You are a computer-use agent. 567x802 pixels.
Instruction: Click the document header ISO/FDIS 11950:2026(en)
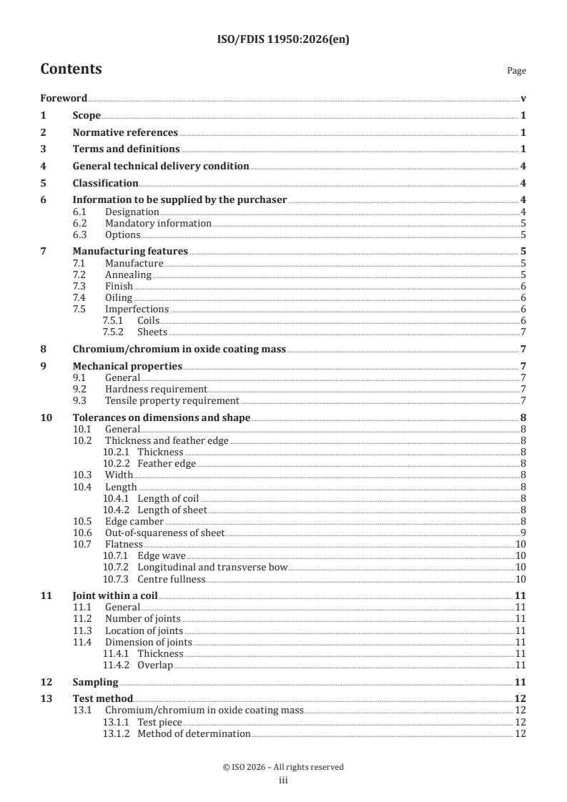click(x=283, y=40)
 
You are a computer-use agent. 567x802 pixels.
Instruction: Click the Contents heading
click(x=71, y=69)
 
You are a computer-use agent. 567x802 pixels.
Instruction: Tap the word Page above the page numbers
click(x=516, y=71)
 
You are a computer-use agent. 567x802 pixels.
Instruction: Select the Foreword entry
click(x=64, y=99)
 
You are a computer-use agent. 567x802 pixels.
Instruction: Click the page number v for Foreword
click(x=523, y=99)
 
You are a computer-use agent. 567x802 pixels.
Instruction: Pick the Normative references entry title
click(x=125, y=132)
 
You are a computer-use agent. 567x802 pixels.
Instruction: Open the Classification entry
click(x=105, y=184)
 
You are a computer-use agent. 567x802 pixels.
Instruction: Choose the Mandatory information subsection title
click(x=158, y=224)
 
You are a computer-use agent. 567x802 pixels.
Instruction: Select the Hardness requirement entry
click(x=156, y=390)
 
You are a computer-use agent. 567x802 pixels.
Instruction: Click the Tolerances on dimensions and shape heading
click(x=162, y=418)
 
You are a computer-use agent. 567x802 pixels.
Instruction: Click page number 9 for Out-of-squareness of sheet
click(x=523, y=533)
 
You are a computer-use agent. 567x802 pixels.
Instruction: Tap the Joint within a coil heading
click(x=115, y=595)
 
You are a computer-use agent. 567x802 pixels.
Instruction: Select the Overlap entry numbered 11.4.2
click(x=155, y=665)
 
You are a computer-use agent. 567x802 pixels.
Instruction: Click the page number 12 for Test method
click(x=521, y=698)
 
